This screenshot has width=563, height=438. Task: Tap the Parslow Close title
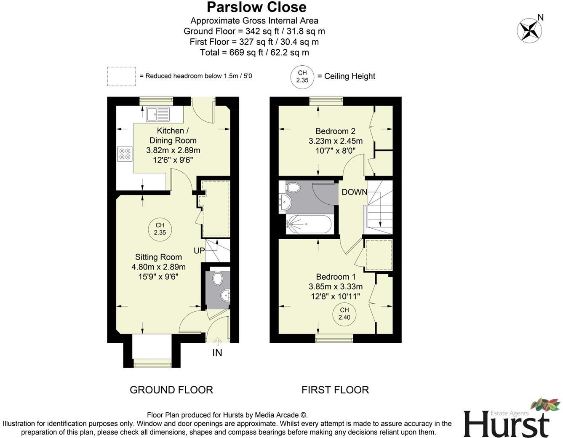256,7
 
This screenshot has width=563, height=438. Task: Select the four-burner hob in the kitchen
125,153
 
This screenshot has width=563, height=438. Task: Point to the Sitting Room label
158,257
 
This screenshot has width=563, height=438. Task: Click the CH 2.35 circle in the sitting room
160,229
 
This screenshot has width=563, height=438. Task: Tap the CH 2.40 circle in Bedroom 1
344,314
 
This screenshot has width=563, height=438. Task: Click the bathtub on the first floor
309,224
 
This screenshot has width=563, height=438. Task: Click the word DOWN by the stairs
354,192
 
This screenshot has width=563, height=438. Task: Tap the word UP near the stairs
199,251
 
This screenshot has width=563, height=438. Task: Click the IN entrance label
217,353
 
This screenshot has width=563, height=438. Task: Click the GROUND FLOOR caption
171,390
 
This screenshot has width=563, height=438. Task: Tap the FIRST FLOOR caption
335,390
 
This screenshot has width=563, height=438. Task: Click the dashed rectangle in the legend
121,76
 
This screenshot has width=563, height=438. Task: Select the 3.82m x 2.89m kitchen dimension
173,150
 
